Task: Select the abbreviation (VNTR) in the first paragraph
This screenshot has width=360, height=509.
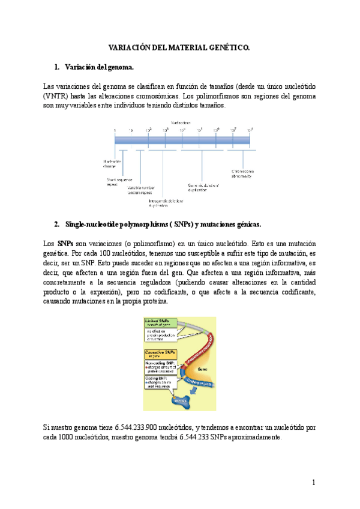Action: tap(59, 96)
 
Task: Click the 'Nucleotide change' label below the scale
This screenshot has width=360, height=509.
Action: tap(112, 164)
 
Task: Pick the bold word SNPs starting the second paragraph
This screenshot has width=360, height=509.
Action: tap(66, 244)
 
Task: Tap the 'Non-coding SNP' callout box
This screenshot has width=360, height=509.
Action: tap(160, 367)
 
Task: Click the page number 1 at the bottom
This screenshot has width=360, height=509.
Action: tap(313, 482)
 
